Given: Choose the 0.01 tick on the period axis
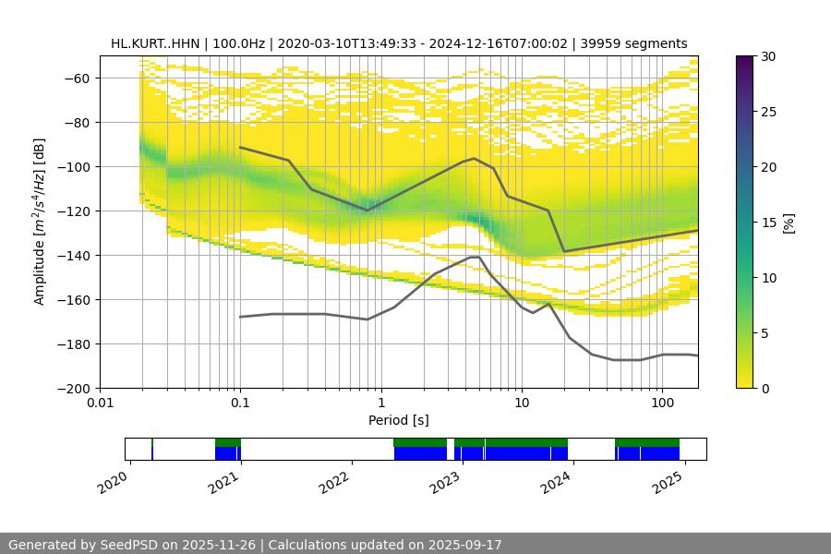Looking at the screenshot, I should coord(100,403).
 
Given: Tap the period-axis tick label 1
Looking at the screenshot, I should coord(380,403).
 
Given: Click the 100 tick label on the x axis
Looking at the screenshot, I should coord(662,403).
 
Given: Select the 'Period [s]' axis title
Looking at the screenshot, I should coord(398,420).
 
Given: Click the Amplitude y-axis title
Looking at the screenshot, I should coord(40,222).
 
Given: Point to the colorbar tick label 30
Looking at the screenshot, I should coord(767,56).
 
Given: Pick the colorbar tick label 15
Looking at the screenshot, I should coord(767,223).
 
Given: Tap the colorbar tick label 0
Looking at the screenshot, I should coord(764,388).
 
